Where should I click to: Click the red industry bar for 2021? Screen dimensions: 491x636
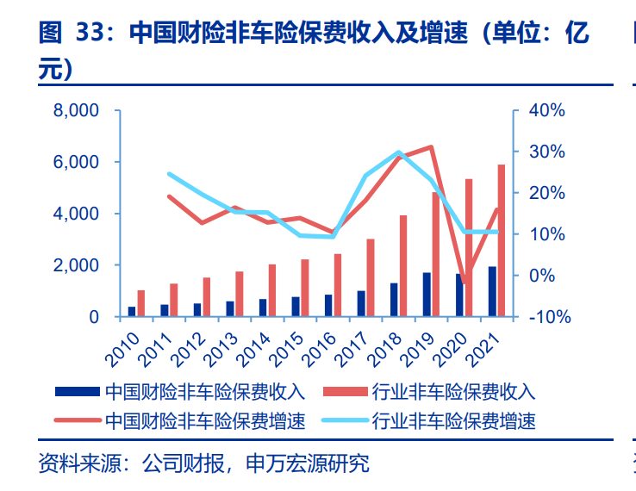click(501, 240)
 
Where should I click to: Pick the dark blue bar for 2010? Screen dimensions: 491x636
click(132, 312)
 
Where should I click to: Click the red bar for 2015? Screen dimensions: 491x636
click(305, 288)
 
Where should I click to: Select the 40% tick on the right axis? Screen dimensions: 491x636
click(546, 110)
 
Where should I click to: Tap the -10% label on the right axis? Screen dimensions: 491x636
click(545, 317)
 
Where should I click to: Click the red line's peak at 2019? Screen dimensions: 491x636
click(431, 146)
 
